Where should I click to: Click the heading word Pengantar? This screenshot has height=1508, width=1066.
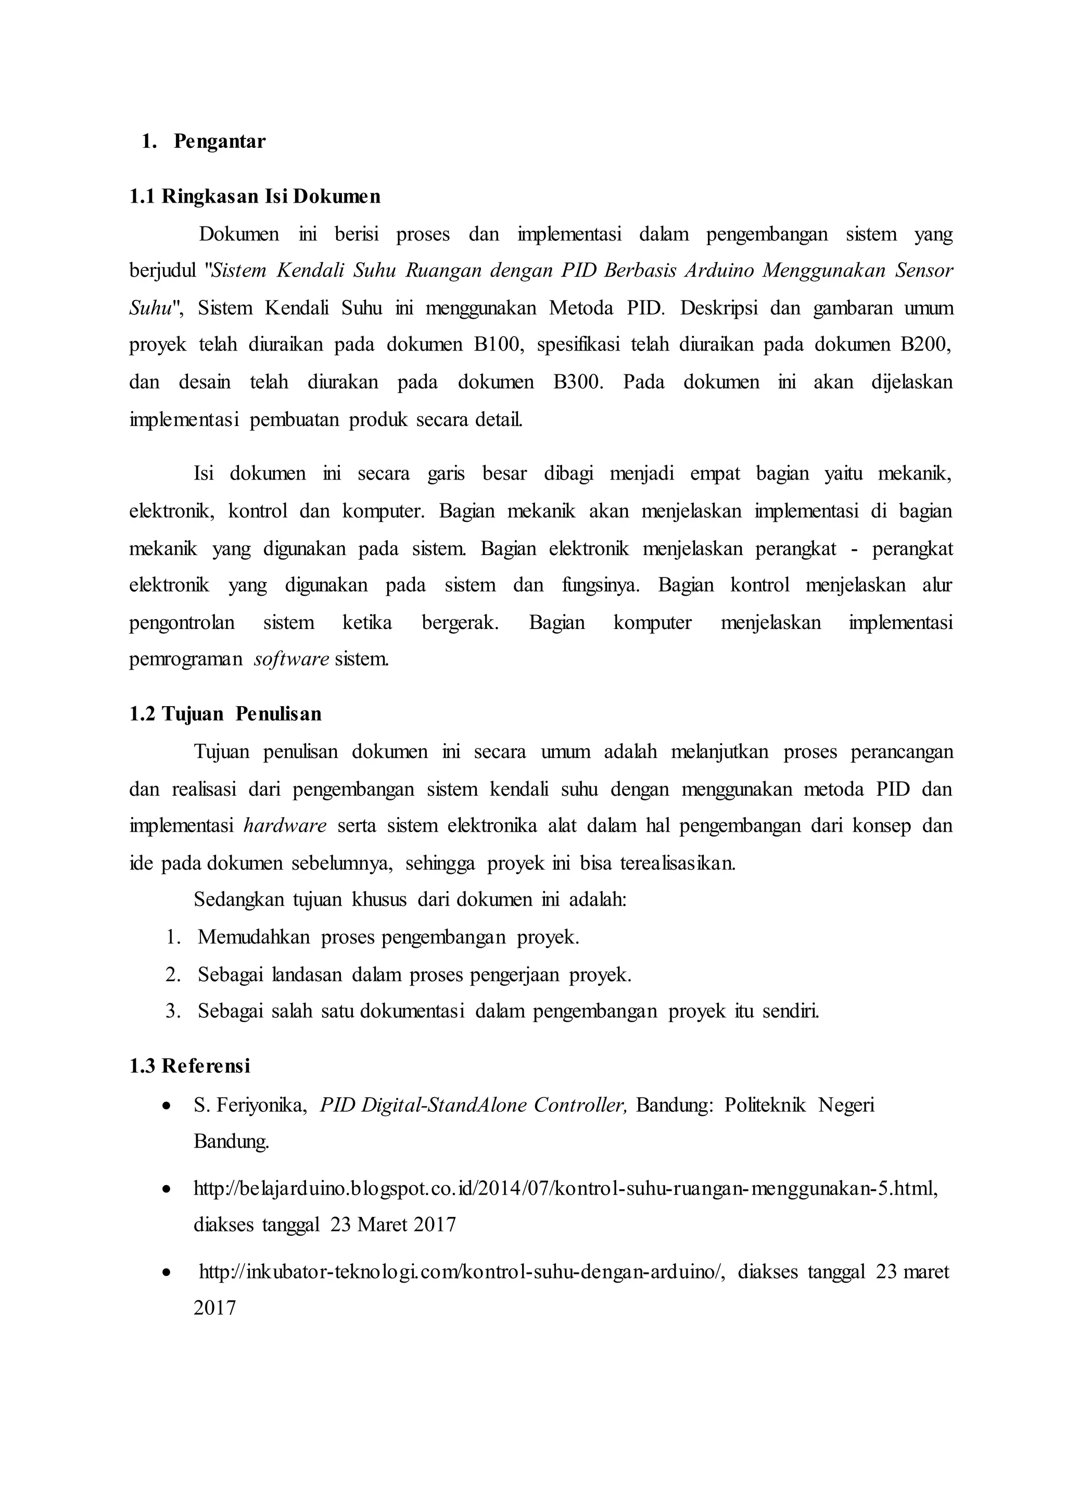[x=219, y=142]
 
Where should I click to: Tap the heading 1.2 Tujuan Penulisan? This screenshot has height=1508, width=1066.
[x=225, y=714]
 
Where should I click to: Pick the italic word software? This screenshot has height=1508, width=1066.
[x=291, y=659]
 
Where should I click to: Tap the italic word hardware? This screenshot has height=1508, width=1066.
[x=285, y=825]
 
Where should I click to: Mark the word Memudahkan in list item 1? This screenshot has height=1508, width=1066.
[x=253, y=937]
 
